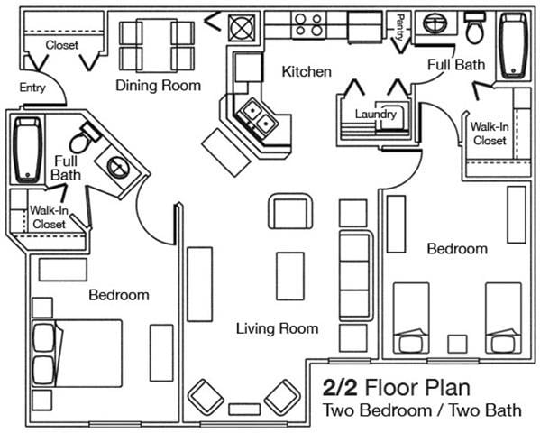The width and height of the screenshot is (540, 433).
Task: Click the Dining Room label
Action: click(x=158, y=86)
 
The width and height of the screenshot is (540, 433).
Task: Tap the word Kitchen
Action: click(x=307, y=71)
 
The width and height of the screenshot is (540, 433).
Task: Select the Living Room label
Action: click(x=277, y=328)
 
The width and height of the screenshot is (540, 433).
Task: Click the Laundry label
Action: click(x=376, y=115)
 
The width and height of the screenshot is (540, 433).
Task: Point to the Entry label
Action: click(x=33, y=88)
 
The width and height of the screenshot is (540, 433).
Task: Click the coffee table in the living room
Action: click(x=289, y=275)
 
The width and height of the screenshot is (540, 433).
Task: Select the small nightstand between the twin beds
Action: click(x=458, y=344)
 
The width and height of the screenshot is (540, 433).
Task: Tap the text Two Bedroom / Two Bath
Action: click(x=422, y=411)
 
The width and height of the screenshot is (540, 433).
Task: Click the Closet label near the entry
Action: click(x=61, y=44)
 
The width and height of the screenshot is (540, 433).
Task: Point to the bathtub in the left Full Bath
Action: click(x=25, y=149)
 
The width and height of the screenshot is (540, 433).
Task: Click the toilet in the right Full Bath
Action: click(x=475, y=30)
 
